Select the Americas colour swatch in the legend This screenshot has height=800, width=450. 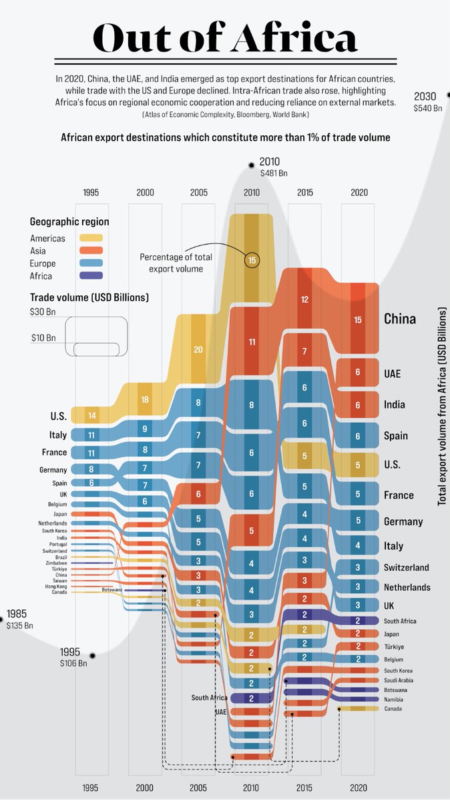pos(91,238)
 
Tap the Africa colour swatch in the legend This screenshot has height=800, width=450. pos(91,276)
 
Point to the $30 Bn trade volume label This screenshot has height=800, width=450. pos(42,311)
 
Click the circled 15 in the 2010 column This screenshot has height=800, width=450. pos(252,261)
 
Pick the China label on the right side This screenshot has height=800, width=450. pos(399,319)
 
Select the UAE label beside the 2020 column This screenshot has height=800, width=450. pos(393,373)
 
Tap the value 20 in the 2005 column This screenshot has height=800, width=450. pos(198,349)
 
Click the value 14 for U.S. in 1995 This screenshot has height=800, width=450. pos(91,415)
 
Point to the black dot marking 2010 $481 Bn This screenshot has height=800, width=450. pos(252,165)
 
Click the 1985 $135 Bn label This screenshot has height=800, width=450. pos(19,619)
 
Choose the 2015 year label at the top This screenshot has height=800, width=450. pos(304,193)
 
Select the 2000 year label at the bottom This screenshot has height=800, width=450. pos(145,788)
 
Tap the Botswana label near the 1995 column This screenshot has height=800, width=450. pos(111,590)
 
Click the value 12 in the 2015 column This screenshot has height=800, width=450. pos(304,299)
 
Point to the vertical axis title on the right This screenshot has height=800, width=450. pos(442,407)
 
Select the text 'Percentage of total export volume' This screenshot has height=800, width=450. pos(172,263)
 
